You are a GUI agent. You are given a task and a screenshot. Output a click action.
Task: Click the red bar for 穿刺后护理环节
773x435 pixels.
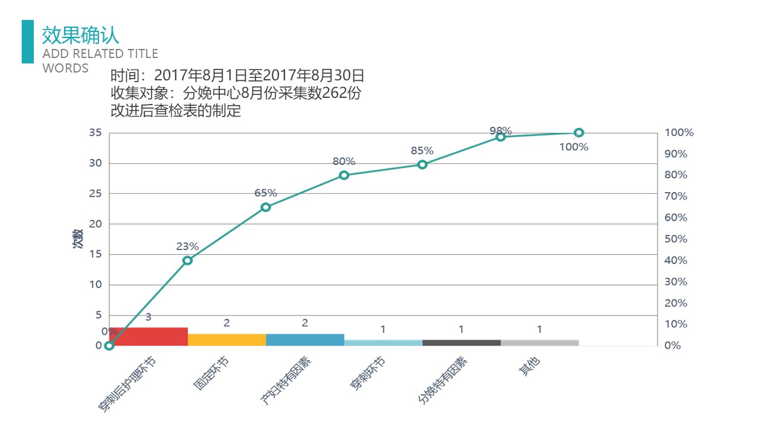coord(149,337)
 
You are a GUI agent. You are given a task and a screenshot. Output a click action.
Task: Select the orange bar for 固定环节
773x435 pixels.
coord(226,340)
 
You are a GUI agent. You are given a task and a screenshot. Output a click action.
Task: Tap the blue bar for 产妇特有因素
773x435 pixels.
coord(305,340)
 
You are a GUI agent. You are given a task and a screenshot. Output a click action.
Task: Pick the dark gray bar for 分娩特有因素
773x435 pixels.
coord(461,343)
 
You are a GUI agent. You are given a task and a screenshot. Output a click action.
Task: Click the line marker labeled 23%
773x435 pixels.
coord(187,260)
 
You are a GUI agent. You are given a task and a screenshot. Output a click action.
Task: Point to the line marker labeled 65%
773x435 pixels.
coord(266,207)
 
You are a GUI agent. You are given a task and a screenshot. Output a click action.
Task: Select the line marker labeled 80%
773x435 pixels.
coord(344,175)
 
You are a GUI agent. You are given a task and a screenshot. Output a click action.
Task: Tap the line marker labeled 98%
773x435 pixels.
coord(501,137)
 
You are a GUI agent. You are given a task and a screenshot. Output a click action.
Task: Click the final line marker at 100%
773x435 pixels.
coord(579,133)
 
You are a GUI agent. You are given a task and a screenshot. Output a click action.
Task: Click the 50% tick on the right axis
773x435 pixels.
coord(676,239)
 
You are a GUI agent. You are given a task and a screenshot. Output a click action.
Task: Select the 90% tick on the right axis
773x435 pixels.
coord(676,154)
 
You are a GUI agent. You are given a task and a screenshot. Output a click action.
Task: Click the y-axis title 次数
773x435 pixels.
coord(77,239)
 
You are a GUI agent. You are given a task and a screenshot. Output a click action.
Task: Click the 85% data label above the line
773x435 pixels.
coord(422,150)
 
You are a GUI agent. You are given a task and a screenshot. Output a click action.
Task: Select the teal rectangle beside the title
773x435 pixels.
coord(28,42)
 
